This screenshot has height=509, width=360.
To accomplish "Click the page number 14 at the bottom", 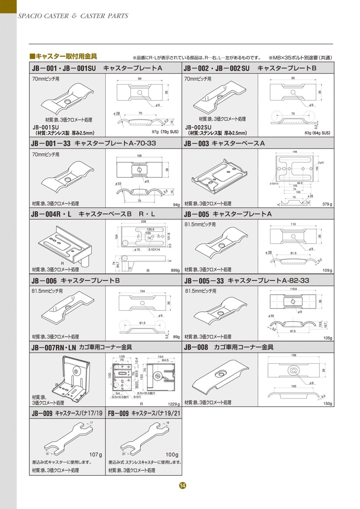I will click(182, 485).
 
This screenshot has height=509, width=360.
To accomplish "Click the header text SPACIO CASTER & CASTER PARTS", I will click(73, 16).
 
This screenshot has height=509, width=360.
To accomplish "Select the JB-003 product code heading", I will click(196, 143).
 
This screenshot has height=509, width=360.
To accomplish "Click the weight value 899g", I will click(175, 271).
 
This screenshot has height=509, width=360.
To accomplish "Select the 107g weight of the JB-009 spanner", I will click(96, 455).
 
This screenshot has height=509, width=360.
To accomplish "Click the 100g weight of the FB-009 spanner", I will click(172, 455).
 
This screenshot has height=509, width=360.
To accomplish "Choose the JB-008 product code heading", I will click(196, 347).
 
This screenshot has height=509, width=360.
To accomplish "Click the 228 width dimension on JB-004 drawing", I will click(143, 221).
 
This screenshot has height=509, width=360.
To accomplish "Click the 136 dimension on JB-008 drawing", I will click(294, 355).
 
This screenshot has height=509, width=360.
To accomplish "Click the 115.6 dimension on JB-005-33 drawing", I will click(294, 289).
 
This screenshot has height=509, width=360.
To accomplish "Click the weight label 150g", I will click(328, 404).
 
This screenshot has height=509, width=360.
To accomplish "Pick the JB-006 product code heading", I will click(44, 281).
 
